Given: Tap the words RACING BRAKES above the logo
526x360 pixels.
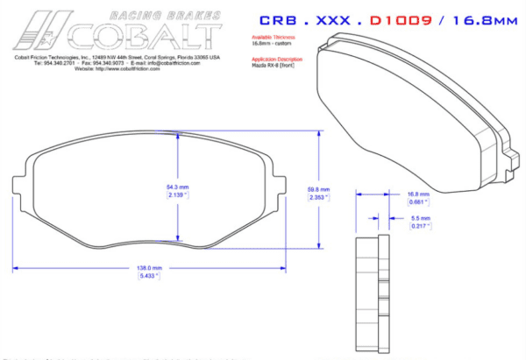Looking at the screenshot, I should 162,15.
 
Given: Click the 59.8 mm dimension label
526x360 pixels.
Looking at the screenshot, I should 318,189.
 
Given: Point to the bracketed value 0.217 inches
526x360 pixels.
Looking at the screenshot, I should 421,226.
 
